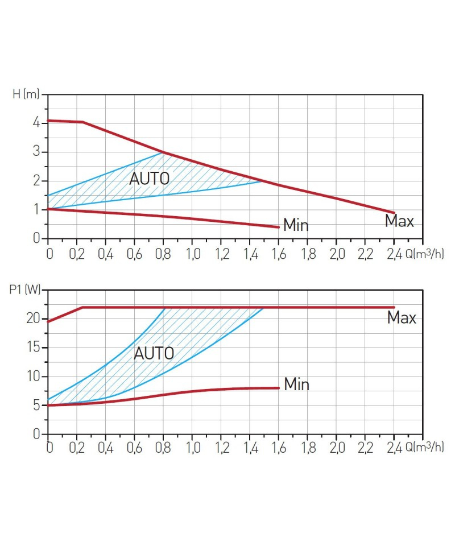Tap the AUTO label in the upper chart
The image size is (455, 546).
(150, 179)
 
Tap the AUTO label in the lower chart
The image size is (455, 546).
(154, 353)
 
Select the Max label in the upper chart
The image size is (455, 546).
(399, 221)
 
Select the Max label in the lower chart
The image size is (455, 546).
(402, 317)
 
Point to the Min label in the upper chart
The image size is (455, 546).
(296, 225)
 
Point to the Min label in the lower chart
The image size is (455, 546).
(296, 384)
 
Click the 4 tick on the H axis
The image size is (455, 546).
(36, 123)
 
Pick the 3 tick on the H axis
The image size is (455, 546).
(36, 152)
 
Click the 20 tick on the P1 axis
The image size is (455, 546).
(34, 318)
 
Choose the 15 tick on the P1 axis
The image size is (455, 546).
(34, 348)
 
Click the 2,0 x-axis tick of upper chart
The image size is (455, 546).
(337, 253)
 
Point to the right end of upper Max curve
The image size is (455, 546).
(394, 213)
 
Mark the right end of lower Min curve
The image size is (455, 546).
(279, 388)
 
